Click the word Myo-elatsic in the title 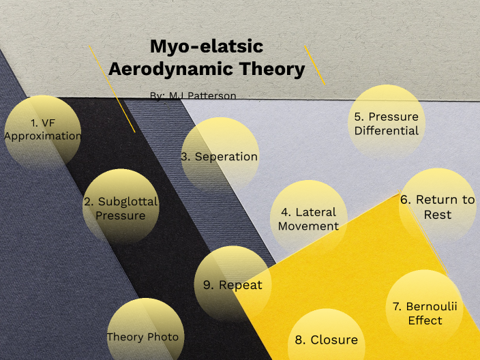206,47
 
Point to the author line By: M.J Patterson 193,96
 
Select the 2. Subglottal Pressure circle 121,207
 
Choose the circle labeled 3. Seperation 219,156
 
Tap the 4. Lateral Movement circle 309,218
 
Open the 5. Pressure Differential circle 386,123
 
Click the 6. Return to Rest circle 437,206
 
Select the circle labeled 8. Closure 326,339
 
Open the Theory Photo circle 143,336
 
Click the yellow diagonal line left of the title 112,89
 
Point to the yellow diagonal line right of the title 315,65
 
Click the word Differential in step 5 387,130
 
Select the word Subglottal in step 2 127,201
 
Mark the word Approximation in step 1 42,136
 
